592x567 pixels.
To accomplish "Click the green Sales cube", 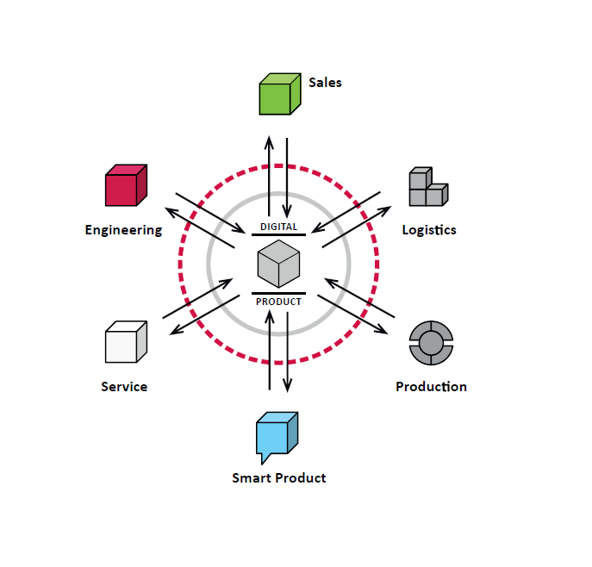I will click(x=279, y=95).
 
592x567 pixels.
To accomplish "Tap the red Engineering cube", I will click(x=125, y=185).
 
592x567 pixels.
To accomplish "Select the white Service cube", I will click(x=125, y=342).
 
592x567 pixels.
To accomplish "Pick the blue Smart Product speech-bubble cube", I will click(x=277, y=437).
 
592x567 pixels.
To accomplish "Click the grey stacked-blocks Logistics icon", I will click(x=427, y=187).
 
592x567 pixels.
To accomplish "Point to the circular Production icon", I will click(x=431, y=342).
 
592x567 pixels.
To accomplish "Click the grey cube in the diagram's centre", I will click(x=278, y=264).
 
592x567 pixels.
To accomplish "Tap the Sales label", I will click(x=325, y=83).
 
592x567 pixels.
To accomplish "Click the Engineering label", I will click(x=123, y=230).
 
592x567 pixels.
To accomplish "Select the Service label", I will click(x=124, y=387).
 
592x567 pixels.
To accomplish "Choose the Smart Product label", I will click(x=279, y=477).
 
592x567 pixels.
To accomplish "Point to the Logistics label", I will click(x=429, y=230).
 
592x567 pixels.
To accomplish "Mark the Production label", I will click(x=431, y=387).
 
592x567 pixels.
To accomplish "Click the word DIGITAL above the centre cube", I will click(x=278, y=227).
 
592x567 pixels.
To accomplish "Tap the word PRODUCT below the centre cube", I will click(x=278, y=302).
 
